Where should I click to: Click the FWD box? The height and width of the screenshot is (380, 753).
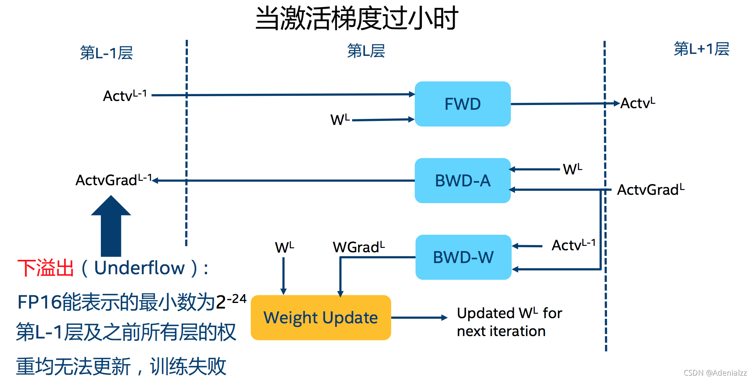463,104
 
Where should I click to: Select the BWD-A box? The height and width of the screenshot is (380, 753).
463,181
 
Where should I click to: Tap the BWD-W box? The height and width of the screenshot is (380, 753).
463,257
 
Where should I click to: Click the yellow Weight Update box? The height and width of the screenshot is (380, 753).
321,318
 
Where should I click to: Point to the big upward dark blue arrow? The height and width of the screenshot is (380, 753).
111,228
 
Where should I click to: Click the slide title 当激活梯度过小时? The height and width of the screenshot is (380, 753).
356,18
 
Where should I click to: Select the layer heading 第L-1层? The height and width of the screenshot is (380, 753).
106,53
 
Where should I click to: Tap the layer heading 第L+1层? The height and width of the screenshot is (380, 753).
701,49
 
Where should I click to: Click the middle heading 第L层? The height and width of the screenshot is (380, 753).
366,51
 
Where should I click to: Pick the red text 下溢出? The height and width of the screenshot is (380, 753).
45,268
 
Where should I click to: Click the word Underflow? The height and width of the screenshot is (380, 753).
140,268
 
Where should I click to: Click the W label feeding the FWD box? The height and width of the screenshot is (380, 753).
339,119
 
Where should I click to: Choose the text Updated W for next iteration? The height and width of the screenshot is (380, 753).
509,322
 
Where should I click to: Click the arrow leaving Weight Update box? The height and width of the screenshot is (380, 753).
419,318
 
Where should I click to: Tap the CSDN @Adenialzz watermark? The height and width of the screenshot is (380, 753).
715,373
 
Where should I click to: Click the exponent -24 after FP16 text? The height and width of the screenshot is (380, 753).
237,299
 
